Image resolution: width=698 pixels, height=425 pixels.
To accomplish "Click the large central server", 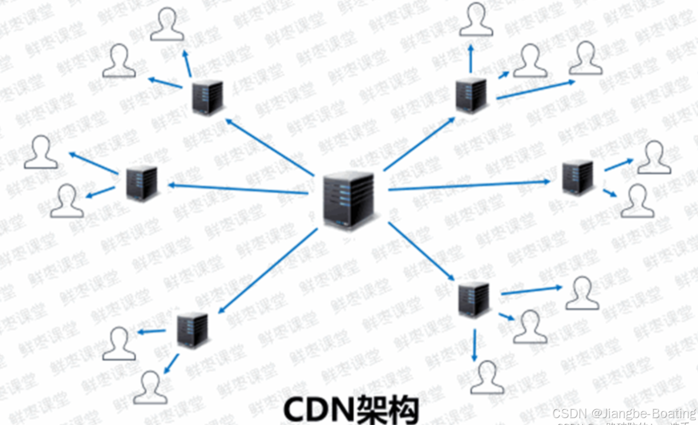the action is coord(349,200).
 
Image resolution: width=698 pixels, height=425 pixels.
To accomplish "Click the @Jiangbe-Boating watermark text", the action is coord(644,413).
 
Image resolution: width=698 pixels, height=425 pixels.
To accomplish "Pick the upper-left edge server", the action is coord(207,97).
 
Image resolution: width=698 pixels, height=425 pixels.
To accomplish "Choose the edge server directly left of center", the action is coord(142,183).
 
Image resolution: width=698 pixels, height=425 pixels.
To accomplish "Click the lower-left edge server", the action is coord(192,330).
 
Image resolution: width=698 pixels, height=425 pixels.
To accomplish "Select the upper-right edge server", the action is coord(471,95).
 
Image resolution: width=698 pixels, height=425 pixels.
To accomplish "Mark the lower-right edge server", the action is coord(473,299).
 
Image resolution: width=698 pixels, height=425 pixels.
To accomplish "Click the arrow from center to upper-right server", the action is coord(420,144).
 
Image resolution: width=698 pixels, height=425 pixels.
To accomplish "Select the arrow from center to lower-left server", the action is coord(268,270).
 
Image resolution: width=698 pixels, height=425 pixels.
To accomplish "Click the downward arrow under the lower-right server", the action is coord(474,345).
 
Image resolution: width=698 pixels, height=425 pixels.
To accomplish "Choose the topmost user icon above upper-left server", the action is coord(167,24).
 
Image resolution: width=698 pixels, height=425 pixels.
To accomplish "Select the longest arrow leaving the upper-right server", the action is coord(535,90).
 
